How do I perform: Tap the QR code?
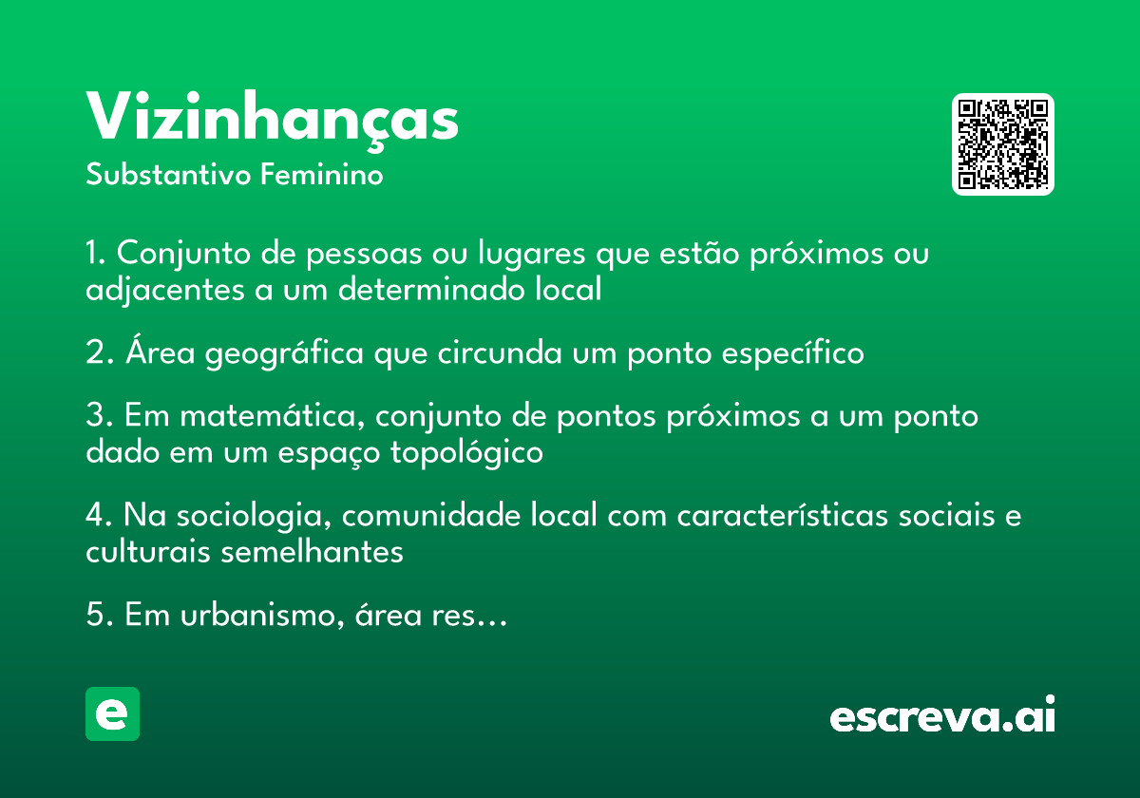tap(1002, 144)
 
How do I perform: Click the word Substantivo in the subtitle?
tap(168, 174)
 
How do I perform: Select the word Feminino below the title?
tap(322, 174)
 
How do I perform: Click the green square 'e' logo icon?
tap(112, 713)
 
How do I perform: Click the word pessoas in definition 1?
tap(364, 254)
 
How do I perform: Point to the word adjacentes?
tap(165, 290)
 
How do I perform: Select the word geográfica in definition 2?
tap(284, 353)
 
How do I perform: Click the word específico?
tap(793, 353)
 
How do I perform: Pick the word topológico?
tap(466, 452)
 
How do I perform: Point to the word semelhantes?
tap(312, 552)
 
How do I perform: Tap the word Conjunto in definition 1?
tap(183, 253)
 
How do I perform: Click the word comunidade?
tap(431, 515)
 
